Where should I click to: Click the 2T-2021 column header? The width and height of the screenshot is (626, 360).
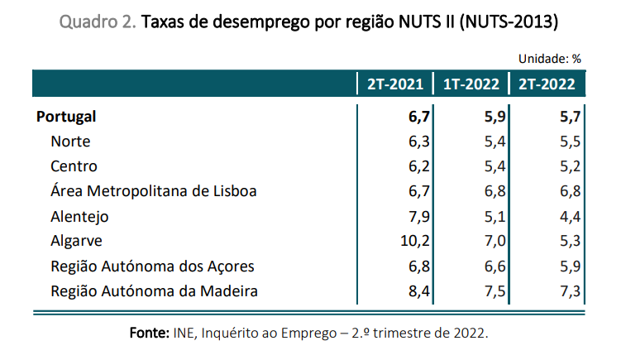coord(395,84)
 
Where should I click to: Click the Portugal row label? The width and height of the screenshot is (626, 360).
coord(66,117)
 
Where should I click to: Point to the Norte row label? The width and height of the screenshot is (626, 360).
coord(70,142)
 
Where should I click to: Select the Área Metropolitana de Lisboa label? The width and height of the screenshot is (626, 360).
coord(153,191)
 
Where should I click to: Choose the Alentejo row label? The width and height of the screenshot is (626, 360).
coord(79,217)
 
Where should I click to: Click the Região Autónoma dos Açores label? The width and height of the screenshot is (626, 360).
coord(152,266)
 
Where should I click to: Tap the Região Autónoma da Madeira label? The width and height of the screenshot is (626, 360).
coord(155,291)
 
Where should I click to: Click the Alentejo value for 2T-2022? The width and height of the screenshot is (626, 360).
coord(570,217)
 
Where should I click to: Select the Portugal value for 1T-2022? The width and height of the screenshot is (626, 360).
coord(495,117)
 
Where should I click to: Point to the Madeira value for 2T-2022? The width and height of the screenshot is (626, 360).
coord(570,291)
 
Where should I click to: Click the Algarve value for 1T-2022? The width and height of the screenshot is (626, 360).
coord(495,242)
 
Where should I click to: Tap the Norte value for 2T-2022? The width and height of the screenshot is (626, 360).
coord(570,142)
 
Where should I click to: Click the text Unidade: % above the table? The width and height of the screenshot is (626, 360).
coord(550,59)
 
